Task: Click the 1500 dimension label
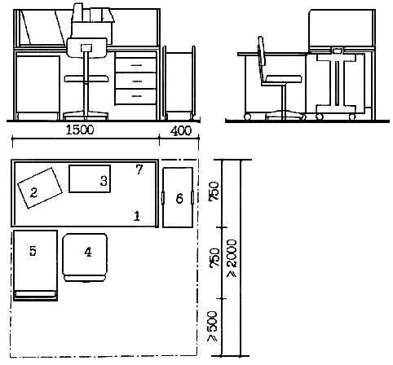pyautogui.click(x=80, y=130)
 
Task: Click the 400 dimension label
pyautogui.click(x=181, y=131)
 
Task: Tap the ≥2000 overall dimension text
pyautogui.click(x=232, y=258)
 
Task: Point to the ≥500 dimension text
pyautogui.click(x=212, y=326)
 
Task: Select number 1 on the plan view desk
pyautogui.click(x=137, y=216)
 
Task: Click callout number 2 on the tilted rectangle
pyautogui.click(x=33, y=192)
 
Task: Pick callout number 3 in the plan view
pyautogui.click(x=104, y=181)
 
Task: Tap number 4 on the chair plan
pyautogui.click(x=88, y=252)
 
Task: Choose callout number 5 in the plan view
pyautogui.click(x=33, y=250)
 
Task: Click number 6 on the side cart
pyautogui.click(x=179, y=198)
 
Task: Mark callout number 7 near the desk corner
pyautogui.click(x=139, y=169)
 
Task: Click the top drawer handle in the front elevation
pyautogui.click(x=136, y=65)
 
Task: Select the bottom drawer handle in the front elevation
pyautogui.click(x=136, y=96)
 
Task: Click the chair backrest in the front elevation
pyautogui.click(x=87, y=47)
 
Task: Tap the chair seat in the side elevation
pyautogui.click(x=284, y=79)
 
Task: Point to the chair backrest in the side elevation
pyautogui.click(x=261, y=59)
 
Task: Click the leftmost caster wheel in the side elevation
pyautogui.click(x=247, y=117)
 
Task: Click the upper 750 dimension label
pyautogui.click(x=214, y=191)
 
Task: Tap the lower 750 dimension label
pyautogui.click(x=214, y=257)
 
